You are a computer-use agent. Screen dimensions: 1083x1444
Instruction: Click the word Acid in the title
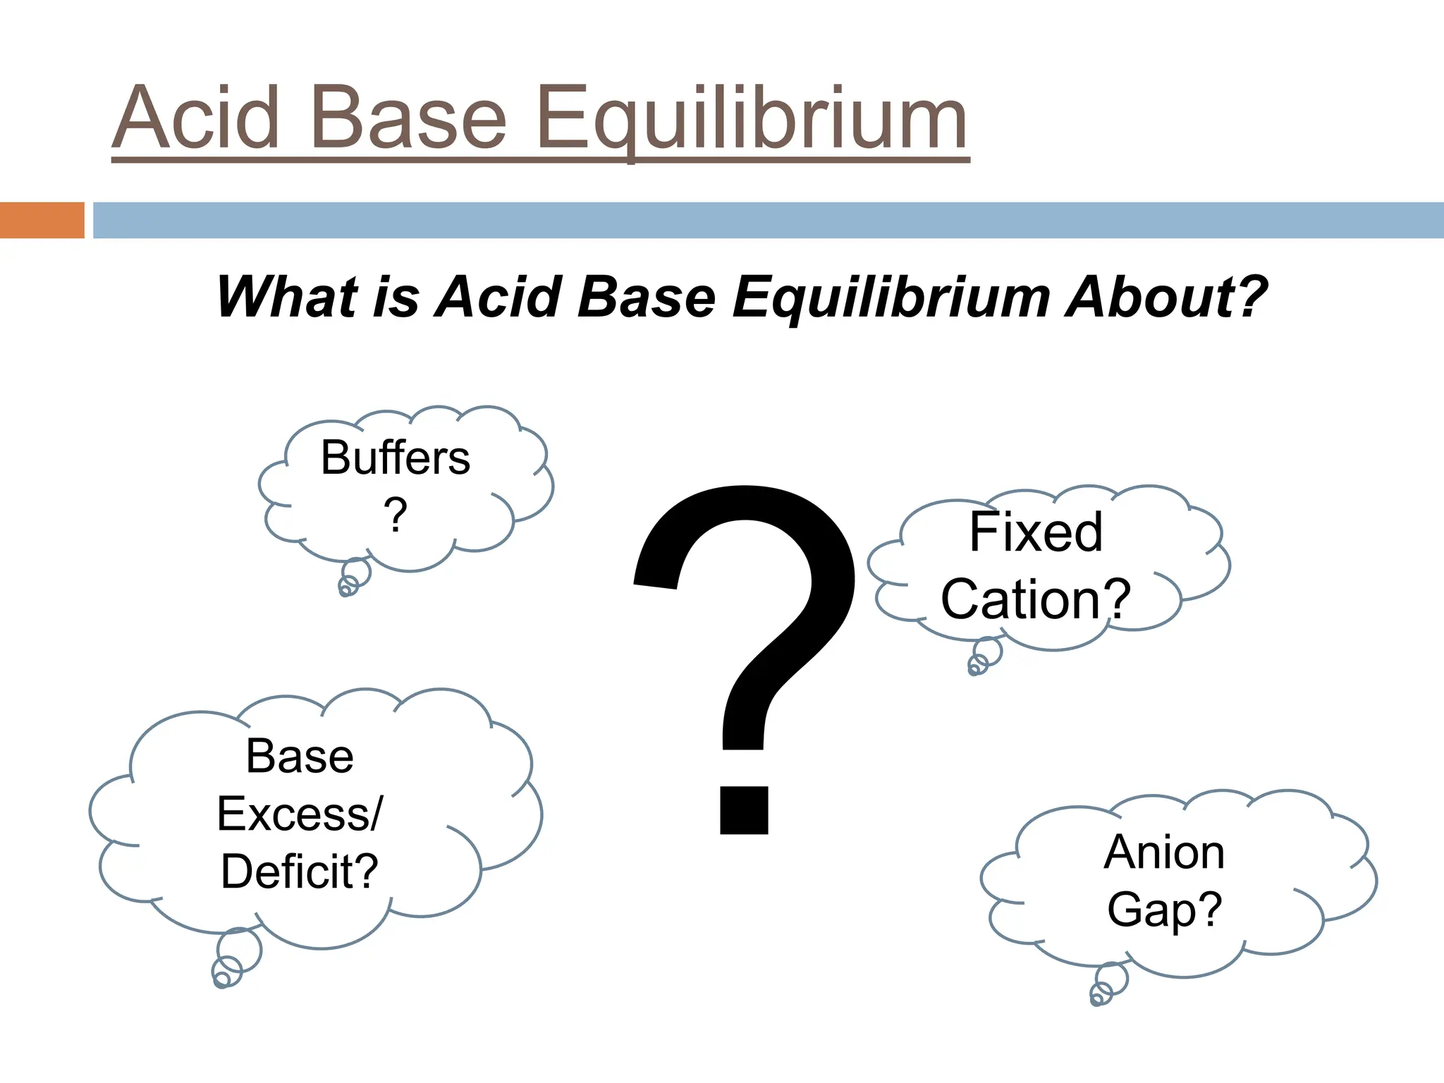coord(197,118)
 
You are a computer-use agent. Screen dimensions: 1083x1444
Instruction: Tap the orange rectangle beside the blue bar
coord(42,220)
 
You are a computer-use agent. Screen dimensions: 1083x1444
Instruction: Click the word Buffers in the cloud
coord(396,458)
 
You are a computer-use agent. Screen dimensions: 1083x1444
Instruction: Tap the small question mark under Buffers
coord(396,515)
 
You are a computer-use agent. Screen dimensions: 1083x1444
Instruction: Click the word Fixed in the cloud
coord(1036,532)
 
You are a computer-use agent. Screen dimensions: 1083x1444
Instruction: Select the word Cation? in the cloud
coord(1036,599)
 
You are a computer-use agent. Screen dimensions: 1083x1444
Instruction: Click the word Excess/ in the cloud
coord(300,814)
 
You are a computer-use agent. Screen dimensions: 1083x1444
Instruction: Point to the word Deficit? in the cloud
coord(300,871)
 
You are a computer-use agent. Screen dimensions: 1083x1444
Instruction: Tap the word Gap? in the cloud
coord(1164,910)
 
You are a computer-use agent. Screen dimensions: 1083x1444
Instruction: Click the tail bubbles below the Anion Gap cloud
coord(1108,984)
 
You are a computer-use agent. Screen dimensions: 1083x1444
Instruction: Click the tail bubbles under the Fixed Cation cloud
coord(984,656)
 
